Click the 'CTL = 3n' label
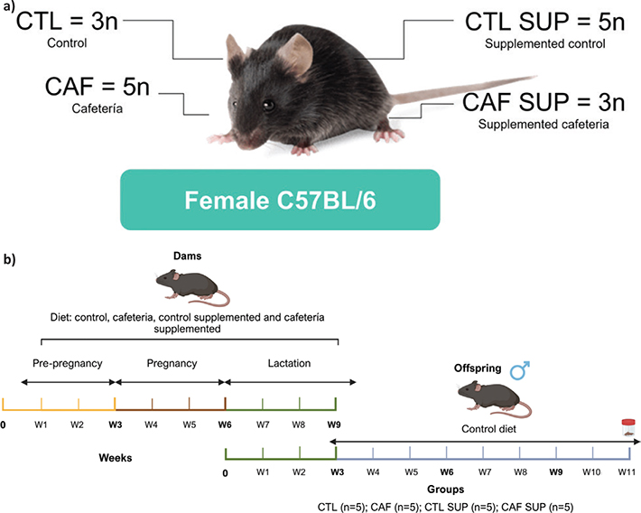click(67, 21)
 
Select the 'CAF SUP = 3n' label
click(543, 102)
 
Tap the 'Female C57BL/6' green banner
click(280, 200)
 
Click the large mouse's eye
click(268, 105)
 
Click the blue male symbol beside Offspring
click(520, 369)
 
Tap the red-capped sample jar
click(628, 427)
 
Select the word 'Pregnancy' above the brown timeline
click(172, 363)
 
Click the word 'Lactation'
click(289, 363)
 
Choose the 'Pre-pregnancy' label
click(68, 363)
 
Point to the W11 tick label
click(627, 472)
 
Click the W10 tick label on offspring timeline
click(591, 472)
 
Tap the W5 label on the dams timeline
click(190, 424)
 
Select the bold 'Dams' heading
click(187, 256)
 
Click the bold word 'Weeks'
click(116, 457)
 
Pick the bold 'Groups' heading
click(446, 490)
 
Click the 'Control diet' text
click(489, 429)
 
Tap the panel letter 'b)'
click(9, 259)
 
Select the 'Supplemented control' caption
click(545, 43)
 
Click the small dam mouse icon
click(192, 287)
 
